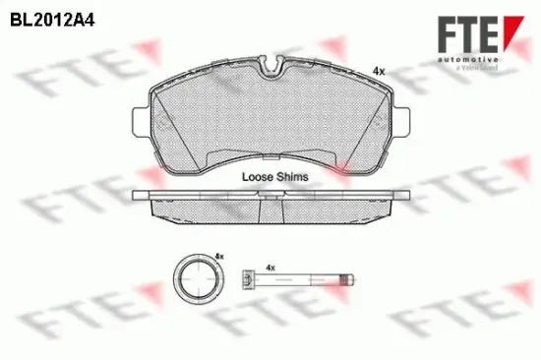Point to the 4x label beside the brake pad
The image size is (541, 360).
[378, 71]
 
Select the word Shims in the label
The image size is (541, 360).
[293, 177]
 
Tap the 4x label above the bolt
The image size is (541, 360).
[270, 266]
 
